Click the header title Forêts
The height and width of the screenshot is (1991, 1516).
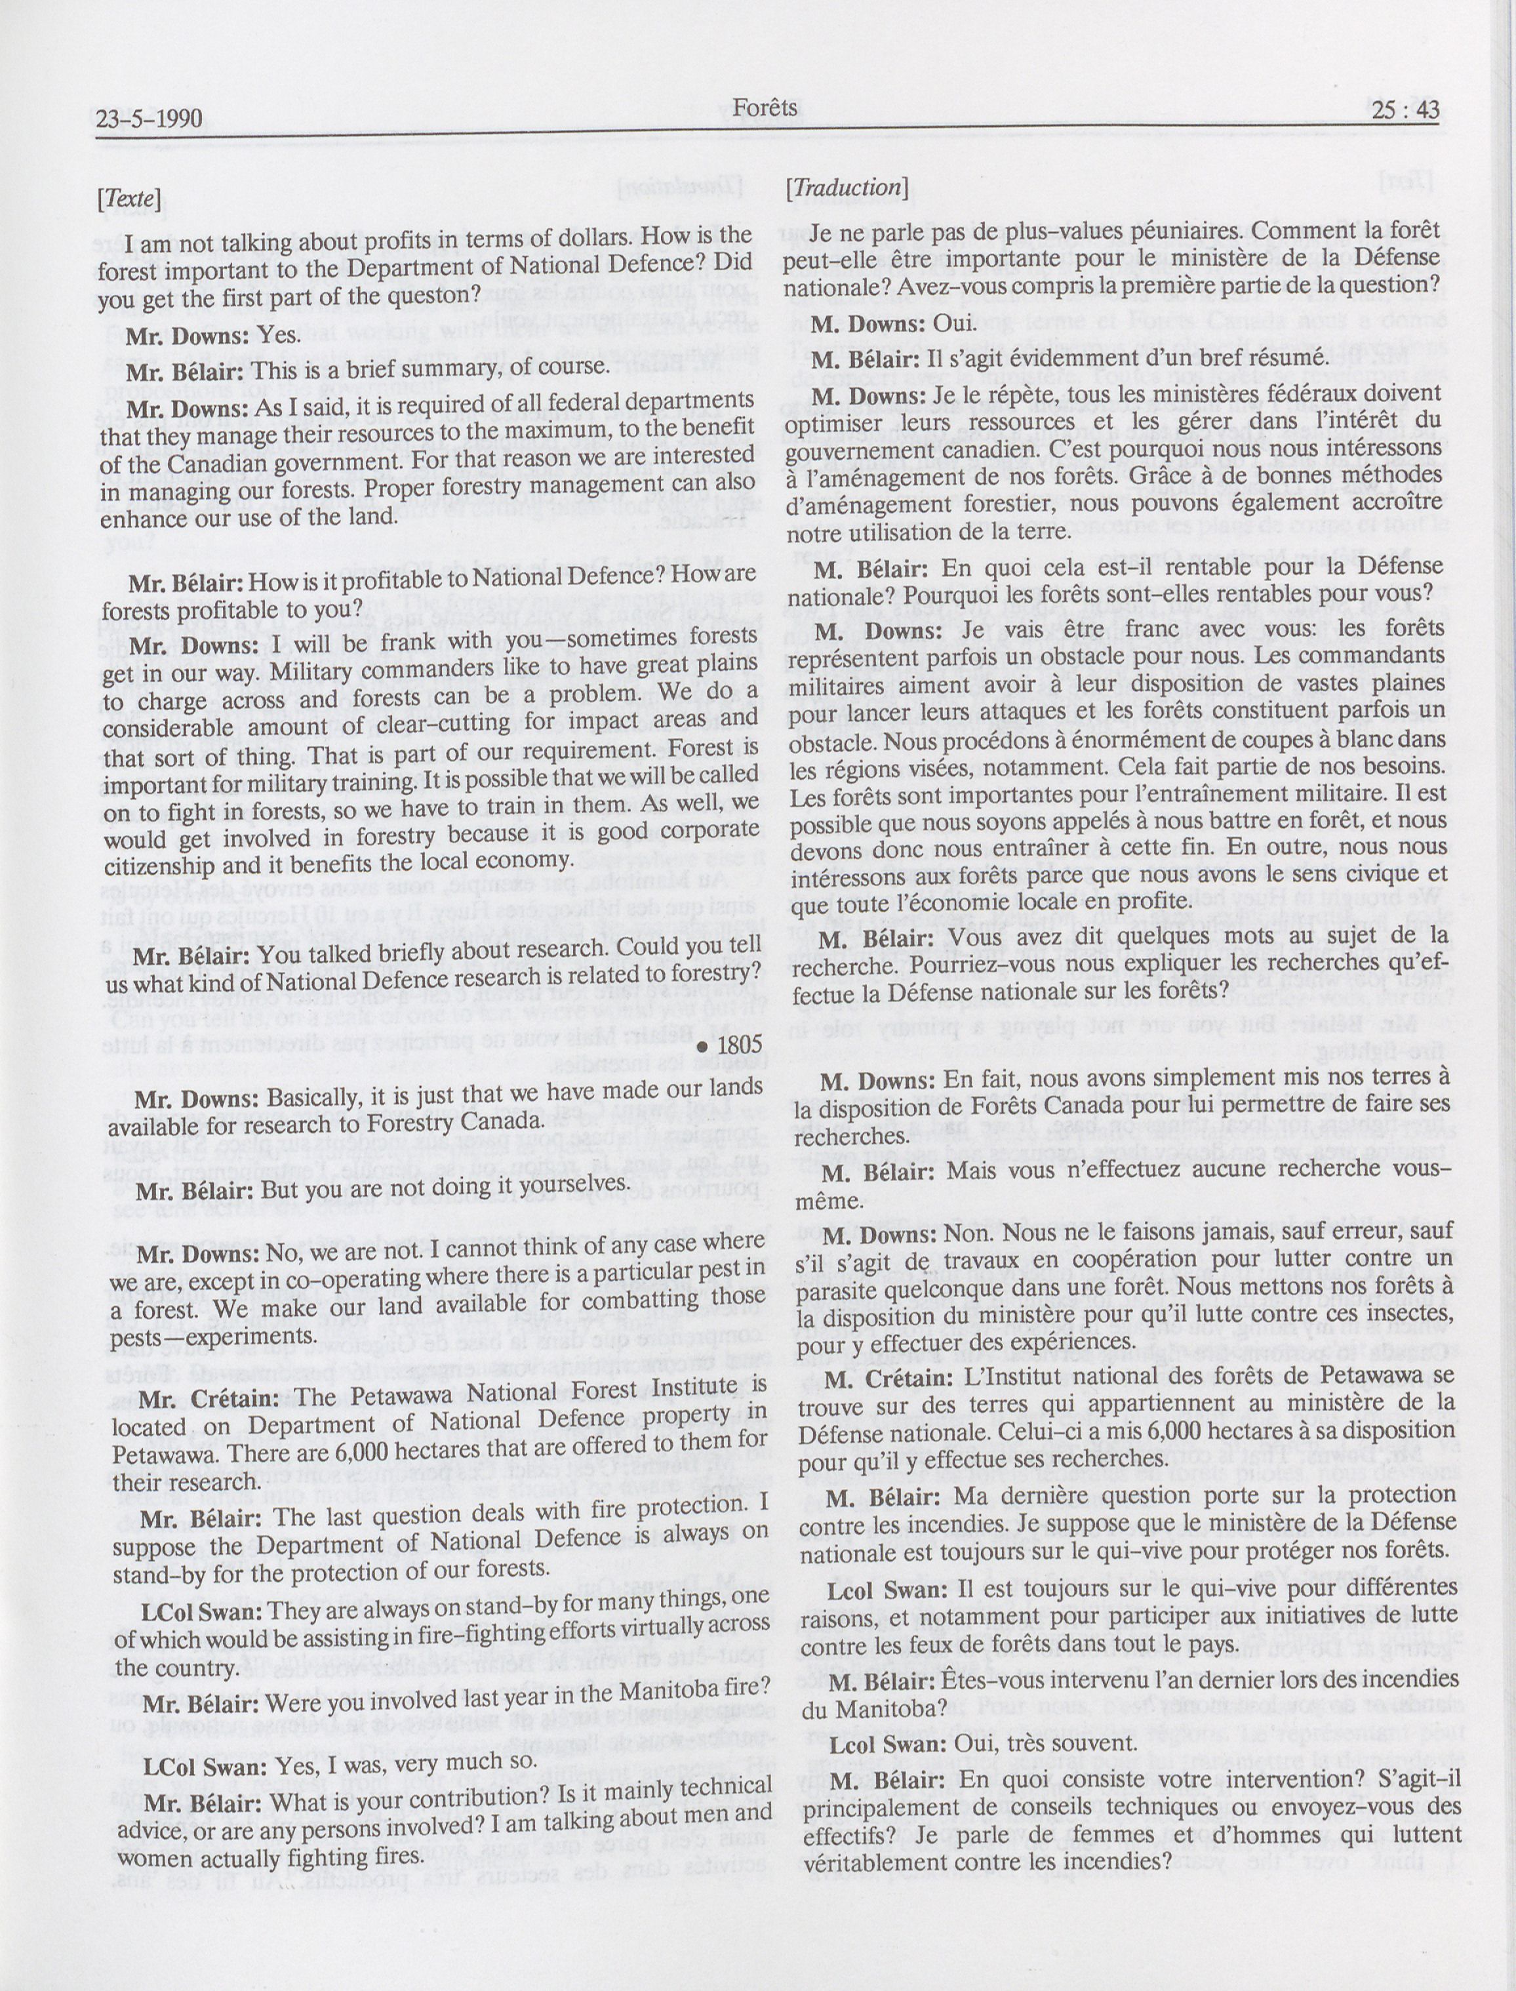coord(765,108)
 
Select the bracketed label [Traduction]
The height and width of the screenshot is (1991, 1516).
coord(845,188)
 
